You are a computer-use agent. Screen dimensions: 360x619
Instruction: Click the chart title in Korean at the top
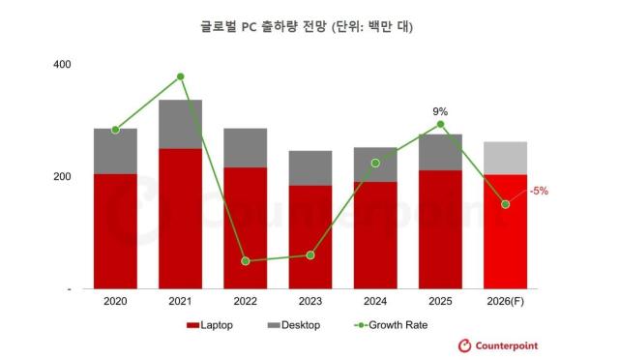(309, 26)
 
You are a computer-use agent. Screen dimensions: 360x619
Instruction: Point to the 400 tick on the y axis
(62, 64)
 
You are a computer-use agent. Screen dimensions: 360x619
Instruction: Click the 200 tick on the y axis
(62, 177)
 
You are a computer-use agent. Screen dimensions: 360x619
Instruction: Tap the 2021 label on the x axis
(180, 301)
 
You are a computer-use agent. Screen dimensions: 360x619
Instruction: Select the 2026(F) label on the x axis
(505, 301)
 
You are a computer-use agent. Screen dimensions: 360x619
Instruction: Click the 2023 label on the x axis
(309, 301)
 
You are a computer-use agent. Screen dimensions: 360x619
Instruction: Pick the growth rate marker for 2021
(181, 76)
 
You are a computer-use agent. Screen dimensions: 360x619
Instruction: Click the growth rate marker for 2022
(246, 261)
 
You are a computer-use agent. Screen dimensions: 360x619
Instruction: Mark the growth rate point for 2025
(440, 124)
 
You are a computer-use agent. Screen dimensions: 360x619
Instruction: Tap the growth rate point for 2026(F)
(505, 204)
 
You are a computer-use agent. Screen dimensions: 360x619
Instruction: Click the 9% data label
(440, 111)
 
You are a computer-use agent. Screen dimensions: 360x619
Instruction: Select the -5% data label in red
(538, 191)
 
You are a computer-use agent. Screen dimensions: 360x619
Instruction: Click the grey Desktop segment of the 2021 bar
(181, 124)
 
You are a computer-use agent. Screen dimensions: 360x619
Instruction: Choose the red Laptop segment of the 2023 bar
(310, 237)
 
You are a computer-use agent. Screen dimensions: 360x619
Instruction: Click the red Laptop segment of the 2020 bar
(115, 232)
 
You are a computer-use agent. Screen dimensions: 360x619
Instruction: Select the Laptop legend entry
(209, 325)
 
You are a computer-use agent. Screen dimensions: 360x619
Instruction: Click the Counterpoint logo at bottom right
(497, 345)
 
